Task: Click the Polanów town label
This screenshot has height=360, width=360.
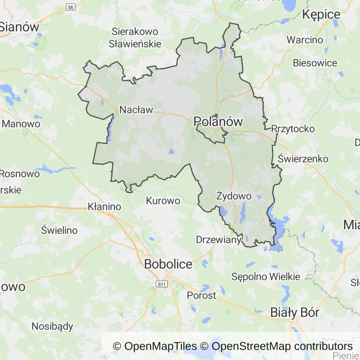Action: tap(218, 122)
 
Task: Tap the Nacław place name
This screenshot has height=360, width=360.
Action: tap(136, 110)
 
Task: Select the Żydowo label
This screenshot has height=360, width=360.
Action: tap(234, 196)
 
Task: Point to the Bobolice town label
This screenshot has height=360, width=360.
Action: tap(168, 264)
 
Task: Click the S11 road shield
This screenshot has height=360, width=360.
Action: tap(162, 284)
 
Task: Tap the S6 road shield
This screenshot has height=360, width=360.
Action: tap(71, 7)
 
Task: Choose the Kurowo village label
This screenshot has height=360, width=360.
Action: tap(163, 201)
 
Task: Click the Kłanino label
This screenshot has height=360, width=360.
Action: tap(105, 206)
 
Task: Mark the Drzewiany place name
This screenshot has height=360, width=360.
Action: tap(218, 240)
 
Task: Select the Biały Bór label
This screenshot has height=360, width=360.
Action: tap(295, 313)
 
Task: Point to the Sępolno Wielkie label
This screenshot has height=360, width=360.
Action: tap(265, 277)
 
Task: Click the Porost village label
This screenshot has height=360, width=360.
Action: tap(202, 295)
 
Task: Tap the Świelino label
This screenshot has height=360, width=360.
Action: tap(59, 230)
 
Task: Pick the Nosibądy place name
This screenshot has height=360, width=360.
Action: tap(52, 326)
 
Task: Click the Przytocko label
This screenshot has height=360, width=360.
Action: tap(293, 129)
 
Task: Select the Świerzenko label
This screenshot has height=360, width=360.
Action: tap(303, 158)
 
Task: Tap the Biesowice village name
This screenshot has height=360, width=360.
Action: tap(315, 63)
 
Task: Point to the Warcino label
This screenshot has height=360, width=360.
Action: tap(305, 40)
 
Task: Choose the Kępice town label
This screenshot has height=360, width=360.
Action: tap(321, 15)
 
